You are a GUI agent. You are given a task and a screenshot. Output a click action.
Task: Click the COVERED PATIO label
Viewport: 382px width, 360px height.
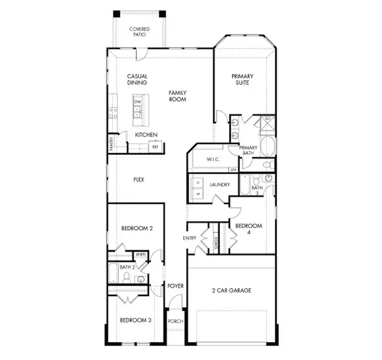coord(139,32)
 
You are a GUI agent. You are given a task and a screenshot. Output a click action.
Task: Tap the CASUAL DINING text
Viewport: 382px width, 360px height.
coord(137,79)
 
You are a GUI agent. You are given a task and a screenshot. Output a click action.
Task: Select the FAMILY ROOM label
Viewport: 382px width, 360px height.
coord(178,96)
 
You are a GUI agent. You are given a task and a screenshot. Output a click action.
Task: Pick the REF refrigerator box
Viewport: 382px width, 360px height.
coord(154,147)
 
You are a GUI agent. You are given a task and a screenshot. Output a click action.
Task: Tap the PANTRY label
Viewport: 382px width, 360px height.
coord(111,143)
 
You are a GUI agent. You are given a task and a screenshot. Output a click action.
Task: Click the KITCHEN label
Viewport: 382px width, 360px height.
coord(146,135)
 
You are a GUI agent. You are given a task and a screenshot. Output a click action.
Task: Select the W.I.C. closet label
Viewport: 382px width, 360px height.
coord(213,159)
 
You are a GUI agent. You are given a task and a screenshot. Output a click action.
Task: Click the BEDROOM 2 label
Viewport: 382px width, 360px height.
coord(136,227)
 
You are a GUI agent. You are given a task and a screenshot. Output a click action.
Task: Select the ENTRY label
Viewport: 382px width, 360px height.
coord(190,238)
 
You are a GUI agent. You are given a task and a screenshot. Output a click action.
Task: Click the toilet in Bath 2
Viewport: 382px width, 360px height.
coord(127,277)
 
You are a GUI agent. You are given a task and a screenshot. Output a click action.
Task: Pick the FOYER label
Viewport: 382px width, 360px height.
coord(175,286)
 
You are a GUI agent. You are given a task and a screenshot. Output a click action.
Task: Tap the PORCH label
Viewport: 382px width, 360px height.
coord(175,321)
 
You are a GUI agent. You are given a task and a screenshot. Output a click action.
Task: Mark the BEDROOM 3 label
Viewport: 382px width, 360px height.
coord(136,320)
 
